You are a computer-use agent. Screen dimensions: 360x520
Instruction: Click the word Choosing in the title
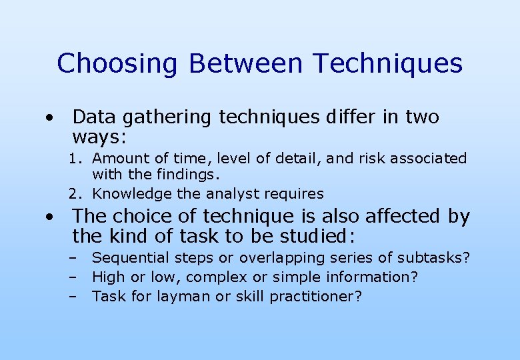(x=117, y=64)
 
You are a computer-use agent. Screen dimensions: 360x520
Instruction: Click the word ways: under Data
(x=100, y=137)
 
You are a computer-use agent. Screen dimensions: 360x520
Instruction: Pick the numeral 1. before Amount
(x=77, y=159)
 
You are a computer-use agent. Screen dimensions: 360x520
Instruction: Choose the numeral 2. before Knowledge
(x=77, y=194)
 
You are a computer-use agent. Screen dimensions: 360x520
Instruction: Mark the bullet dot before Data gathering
(x=49, y=119)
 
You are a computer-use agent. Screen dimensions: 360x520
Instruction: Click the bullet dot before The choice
(x=49, y=217)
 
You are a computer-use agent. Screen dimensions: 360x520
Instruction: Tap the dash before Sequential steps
(x=71, y=258)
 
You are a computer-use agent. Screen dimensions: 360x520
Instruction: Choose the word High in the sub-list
(x=107, y=277)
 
